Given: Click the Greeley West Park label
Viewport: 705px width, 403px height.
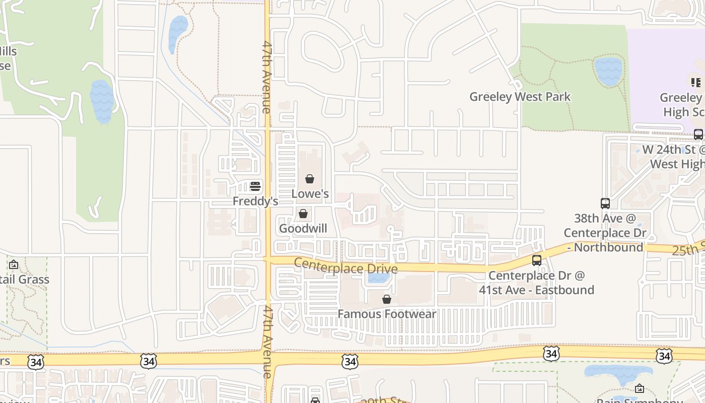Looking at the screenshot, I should click(x=520, y=97).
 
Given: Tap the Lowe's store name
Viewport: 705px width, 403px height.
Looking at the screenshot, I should click(x=310, y=194).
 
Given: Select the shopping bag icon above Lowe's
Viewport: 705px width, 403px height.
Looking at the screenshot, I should click(x=310, y=179).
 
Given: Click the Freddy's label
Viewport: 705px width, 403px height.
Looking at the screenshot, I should click(x=255, y=201).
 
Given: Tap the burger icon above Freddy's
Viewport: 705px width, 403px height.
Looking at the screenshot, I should click(x=255, y=186).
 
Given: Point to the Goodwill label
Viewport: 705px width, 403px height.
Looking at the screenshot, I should click(x=303, y=228).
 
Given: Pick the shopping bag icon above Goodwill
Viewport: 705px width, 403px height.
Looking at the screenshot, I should click(x=303, y=214).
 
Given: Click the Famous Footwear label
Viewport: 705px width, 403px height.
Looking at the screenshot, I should click(x=387, y=314).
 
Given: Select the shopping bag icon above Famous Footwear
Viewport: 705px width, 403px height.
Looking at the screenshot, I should click(x=387, y=299).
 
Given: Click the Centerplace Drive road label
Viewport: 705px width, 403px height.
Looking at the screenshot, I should click(x=345, y=266).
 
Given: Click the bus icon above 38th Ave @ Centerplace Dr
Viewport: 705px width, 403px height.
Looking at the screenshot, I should click(x=605, y=204).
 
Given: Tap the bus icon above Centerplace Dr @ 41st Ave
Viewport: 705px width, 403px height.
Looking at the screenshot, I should click(x=537, y=260).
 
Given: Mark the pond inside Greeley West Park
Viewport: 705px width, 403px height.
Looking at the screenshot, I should click(x=608, y=71).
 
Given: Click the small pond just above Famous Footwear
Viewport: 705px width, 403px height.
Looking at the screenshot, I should click(x=379, y=278).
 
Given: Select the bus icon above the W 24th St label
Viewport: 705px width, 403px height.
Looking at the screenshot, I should click(x=698, y=135).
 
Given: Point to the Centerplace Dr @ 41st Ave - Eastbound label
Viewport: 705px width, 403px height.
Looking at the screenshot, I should click(x=536, y=283).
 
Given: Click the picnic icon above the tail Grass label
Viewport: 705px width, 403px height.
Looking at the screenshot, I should click(x=14, y=264).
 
